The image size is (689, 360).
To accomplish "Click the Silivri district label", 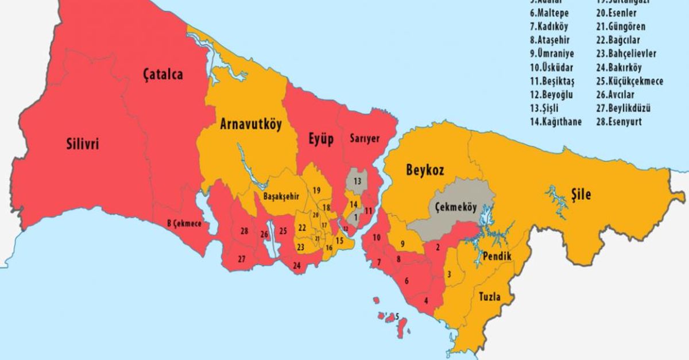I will click(x=81, y=144).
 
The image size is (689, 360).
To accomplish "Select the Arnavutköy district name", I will click(x=250, y=125).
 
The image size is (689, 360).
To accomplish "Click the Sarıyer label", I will click(x=365, y=138).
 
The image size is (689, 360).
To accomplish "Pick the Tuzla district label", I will click(x=486, y=297).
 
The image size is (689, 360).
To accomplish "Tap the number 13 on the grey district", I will click(x=357, y=181).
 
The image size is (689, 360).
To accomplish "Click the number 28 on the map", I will click(x=245, y=231).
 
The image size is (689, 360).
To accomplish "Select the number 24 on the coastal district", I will click(x=296, y=265).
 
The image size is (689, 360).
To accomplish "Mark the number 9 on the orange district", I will click(x=402, y=243).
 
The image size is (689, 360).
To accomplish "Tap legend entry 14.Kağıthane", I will click(x=555, y=122).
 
